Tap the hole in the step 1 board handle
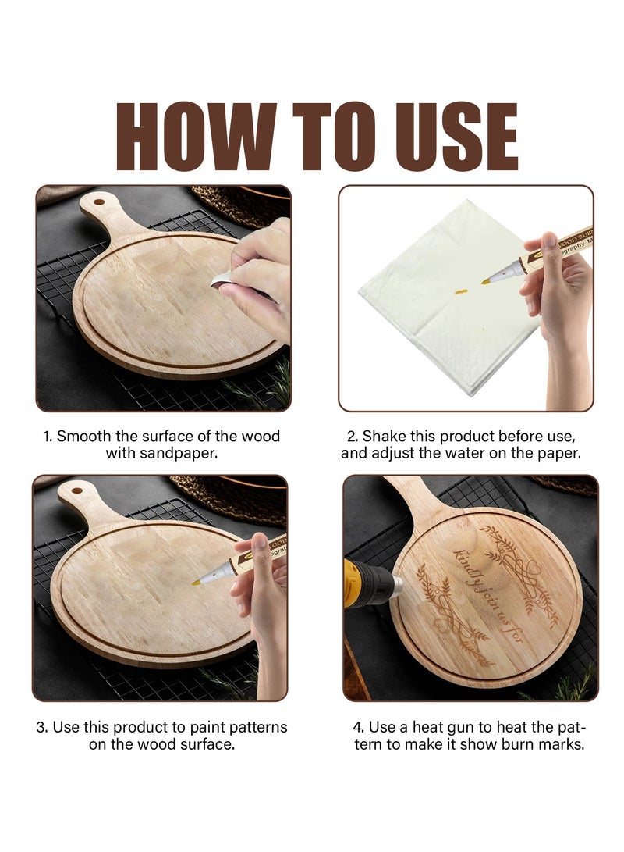pyautogui.click(x=97, y=202)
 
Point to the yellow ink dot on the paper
pyautogui.click(x=456, y=294)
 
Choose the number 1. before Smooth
pyautogui.click(x=48, y=437)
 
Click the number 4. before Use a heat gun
pyautogui.click(x=357, y=727)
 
